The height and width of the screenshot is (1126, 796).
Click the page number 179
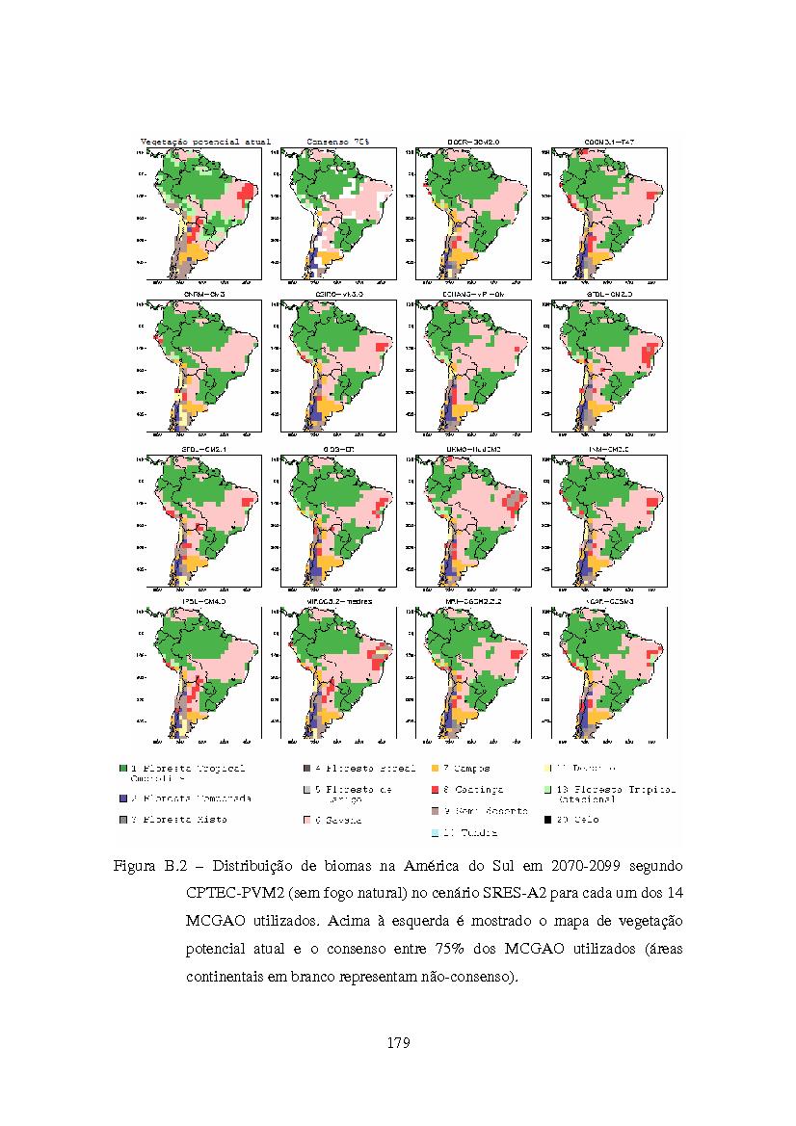(398, 1042)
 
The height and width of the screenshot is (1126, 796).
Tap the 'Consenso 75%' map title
(338, 142)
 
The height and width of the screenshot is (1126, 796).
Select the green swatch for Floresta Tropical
(123, 769)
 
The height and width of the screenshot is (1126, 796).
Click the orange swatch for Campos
(435, 769)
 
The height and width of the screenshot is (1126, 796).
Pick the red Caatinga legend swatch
(435, 790)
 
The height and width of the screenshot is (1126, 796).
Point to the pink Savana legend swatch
(305, 820)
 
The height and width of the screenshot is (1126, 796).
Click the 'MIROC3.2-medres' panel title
(337, 601)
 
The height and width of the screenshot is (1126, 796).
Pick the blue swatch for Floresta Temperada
(123, 799)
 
